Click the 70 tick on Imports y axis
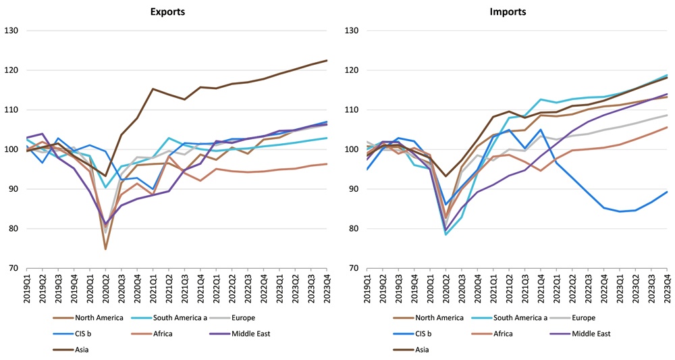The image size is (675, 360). click(353, 269)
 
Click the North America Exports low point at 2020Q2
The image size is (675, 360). click(105, 249)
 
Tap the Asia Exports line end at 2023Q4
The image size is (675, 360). click(327, 60)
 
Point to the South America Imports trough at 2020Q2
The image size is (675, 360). click(446, 234)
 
